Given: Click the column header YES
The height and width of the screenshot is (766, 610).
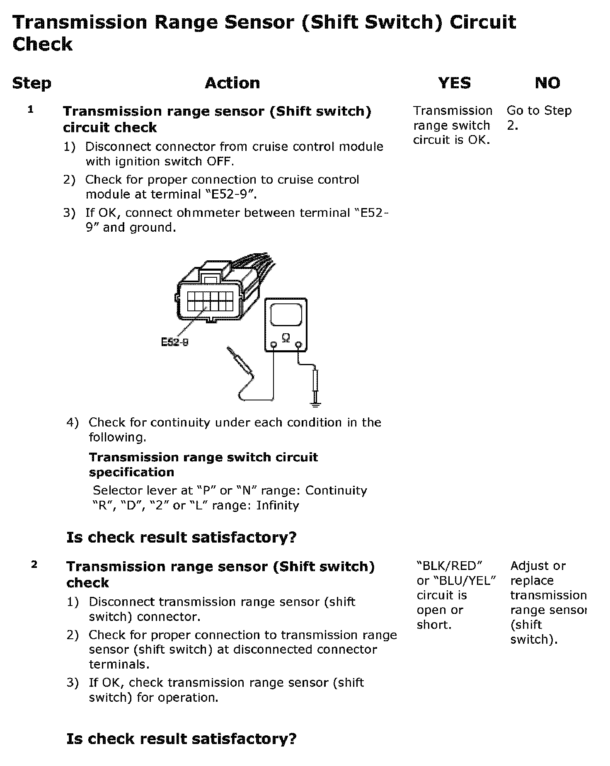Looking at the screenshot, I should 454,83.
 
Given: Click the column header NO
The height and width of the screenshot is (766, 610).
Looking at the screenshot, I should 547,83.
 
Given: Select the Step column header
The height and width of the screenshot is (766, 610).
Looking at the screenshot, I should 31,83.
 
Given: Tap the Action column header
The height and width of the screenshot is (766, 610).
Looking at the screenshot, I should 232,83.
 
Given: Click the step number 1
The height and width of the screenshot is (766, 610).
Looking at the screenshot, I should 31,110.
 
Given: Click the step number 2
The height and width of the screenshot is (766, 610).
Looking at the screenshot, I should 34,565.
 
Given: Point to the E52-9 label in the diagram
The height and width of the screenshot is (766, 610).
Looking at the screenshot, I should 174,342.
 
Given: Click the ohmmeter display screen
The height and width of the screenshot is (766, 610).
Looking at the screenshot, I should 286,315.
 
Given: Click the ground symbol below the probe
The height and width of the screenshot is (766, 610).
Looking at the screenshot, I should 316,403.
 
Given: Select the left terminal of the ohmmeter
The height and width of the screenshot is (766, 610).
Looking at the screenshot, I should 273,344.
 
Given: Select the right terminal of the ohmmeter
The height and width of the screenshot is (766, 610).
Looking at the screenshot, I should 298,344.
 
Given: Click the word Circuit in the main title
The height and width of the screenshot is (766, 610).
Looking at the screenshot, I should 483,22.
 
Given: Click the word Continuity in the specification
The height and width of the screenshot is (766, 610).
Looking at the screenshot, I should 336,490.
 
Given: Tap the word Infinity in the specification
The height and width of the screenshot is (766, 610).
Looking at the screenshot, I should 277,505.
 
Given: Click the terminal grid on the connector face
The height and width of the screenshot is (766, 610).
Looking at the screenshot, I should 210,301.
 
